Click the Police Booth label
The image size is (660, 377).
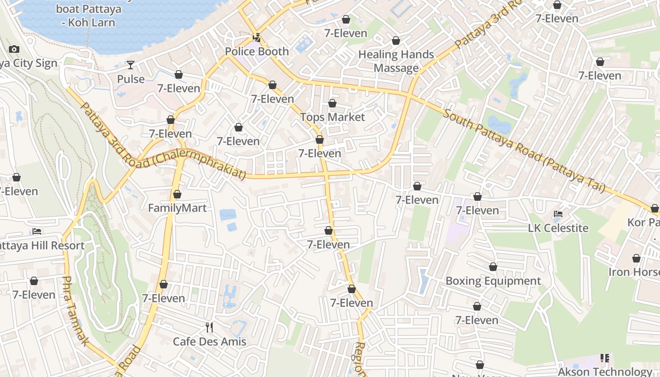point(257,51)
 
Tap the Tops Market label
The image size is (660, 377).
point(332,117)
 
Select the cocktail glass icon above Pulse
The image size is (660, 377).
point(131,65)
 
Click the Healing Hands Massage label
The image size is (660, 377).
point(396,61)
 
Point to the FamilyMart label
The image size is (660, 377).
point(177,208)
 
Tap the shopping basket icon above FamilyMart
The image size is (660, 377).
point(177,194)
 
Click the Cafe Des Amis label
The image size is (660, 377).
point(209,342)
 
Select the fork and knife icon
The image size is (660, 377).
point(209,327)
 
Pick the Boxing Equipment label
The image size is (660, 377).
point(493,281)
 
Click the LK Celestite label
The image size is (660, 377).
point(558,228)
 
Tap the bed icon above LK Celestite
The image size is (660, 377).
point(558,214)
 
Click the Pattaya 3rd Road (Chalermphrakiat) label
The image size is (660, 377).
point(163,141)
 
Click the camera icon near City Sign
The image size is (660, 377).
point(14,49)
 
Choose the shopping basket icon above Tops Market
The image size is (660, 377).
point(332,103)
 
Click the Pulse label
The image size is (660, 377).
point(131,79)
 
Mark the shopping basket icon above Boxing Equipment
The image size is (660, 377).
point(493,267)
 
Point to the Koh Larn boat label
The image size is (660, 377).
point(88,16)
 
